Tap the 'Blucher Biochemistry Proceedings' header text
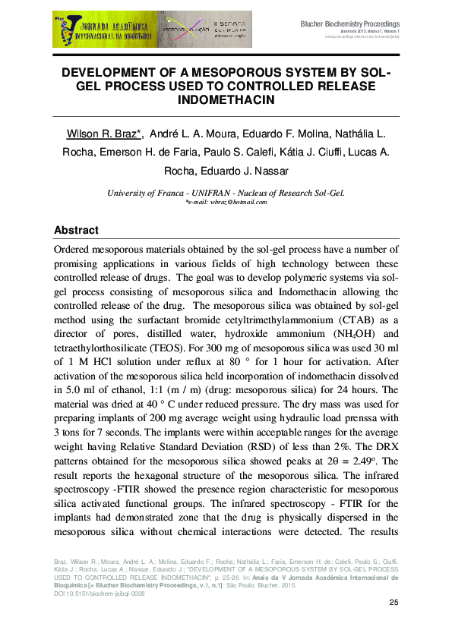pos(350,24)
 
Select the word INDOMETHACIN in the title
pos(225,99)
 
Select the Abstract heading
pos(76,230)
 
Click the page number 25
pos(394,603)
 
